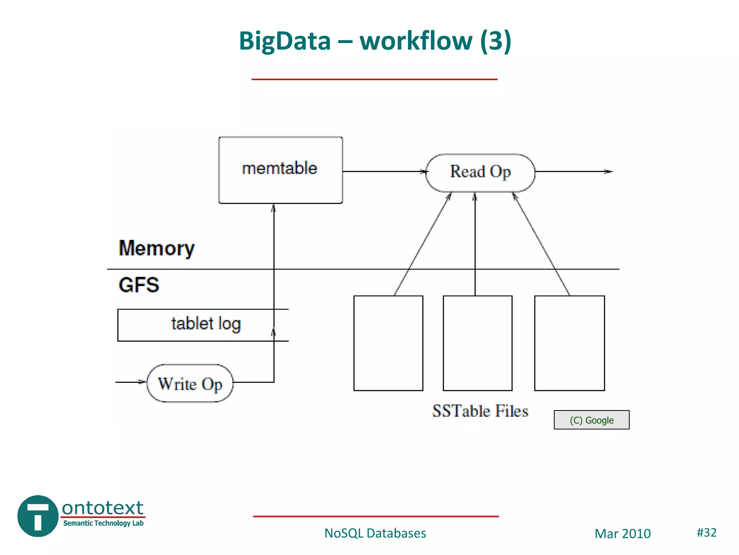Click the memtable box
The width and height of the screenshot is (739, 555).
tap(280, 170)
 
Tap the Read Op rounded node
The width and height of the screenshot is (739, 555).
tap(480, 172)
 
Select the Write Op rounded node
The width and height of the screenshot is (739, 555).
tap(190, 383)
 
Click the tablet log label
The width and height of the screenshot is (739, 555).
tap(206, 324)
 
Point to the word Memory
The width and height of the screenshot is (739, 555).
tap(156, 249)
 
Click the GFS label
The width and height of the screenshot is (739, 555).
tap(139, 285)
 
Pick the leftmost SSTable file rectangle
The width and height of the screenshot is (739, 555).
tap(388, 343)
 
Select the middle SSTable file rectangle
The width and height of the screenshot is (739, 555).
tap(477, 343)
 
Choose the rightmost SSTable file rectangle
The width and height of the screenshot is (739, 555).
tap(569, 343)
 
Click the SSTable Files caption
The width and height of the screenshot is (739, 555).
tap(480, 411)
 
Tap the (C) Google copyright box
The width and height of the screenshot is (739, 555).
tap(591, 420)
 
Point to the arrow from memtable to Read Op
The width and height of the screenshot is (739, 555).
tap(384, 172)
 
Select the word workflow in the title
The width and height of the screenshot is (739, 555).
tap(416, 40)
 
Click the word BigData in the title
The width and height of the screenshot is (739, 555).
tap(285, 40)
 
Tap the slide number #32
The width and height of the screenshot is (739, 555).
tap(706, 532)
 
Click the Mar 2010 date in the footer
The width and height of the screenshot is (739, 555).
tap(622, 534)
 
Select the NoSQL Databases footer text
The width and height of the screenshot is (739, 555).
tap(375, 533)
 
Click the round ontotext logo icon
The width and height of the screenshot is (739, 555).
tap(38, 516)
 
